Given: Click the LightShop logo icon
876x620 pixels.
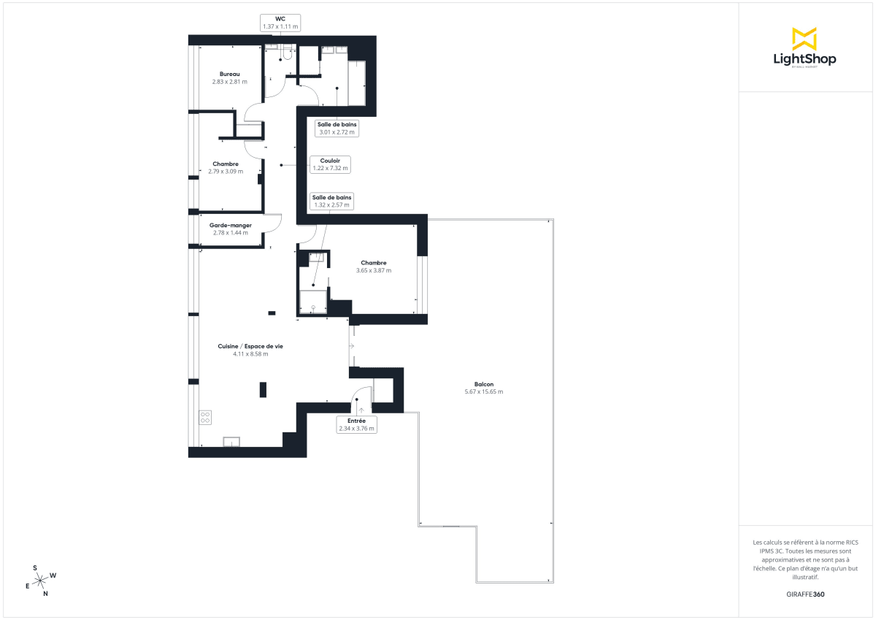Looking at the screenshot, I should click(x=804, y=39).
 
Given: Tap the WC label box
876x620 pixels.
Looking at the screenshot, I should click(x=280, y=23).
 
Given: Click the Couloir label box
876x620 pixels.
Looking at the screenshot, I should click(x=331, y=164).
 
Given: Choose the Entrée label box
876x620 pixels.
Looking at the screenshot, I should click(x=356, y=425).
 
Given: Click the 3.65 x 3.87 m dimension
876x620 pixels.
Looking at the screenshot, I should click(x=373, y=270).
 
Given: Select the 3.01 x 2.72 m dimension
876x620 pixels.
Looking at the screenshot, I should click(x=337, y=132).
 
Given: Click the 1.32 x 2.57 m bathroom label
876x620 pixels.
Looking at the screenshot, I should click(x=332, y=202).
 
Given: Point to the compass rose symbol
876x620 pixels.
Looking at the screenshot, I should click(x=42, y=580).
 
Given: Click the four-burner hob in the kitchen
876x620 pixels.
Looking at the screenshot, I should click(x=205, y=418).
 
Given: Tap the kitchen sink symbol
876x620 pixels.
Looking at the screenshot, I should click(x=231, y=441).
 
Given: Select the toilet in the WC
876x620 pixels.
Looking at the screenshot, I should click(x=288, y=53).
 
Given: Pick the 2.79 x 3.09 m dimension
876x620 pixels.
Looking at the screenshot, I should click(x=226, y=171).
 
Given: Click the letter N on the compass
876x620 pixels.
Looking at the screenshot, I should click(x=45, y=594).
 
